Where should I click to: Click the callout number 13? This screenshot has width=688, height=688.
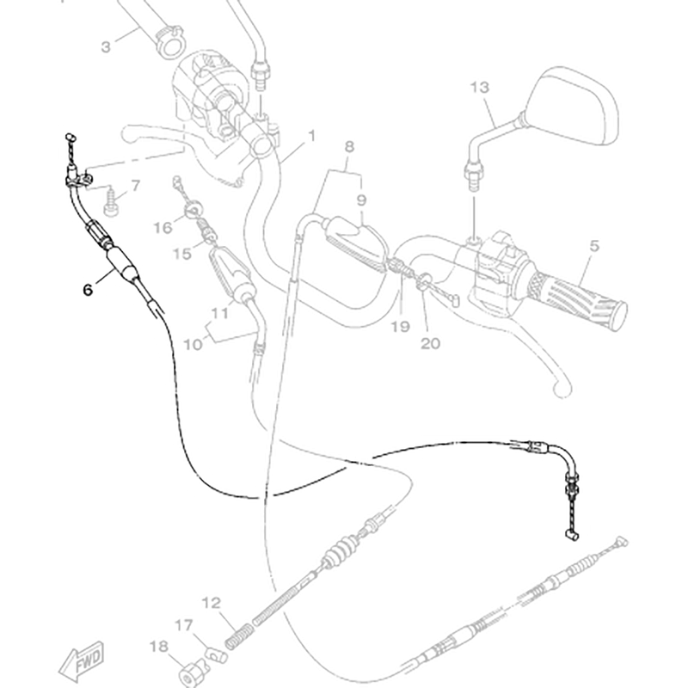pos(480,87)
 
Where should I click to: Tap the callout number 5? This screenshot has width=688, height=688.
pos(593,245)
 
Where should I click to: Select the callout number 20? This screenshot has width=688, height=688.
pos(430,343)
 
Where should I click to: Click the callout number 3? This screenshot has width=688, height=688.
pos(107,46)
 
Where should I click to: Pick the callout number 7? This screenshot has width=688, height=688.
pos(135,186)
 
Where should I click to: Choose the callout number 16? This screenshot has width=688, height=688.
pos(163,227)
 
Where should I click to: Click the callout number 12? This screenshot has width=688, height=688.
pos(212,603)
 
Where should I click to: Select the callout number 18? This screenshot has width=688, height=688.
pos(158,645)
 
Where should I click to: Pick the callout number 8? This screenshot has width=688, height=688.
pos(349,147)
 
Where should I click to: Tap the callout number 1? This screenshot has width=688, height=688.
pos(311,136)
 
